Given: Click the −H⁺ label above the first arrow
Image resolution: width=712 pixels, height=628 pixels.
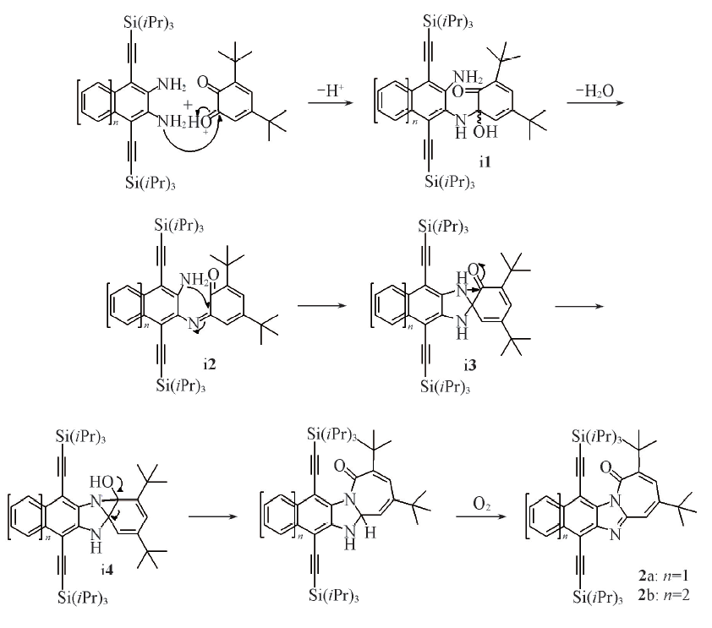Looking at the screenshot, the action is pos(330,90).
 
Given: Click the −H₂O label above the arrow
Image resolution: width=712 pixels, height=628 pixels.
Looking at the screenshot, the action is pos(594,90).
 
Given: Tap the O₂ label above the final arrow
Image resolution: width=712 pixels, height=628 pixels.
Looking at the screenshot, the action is pos(481,504).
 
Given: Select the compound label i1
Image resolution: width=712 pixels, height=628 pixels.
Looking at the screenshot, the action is pos(485,161).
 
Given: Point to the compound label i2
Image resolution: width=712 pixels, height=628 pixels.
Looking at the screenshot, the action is pos(210,364).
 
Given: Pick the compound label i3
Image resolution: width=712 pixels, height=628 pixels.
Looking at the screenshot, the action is pos(470,364).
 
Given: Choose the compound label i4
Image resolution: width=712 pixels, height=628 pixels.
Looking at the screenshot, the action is pos(107,569).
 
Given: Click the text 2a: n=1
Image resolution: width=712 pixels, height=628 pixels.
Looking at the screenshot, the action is pos(664,576).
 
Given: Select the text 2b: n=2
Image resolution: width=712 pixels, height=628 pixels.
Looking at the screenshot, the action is pos(664,594).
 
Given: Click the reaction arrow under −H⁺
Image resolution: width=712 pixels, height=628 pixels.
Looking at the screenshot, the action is pos(330,103).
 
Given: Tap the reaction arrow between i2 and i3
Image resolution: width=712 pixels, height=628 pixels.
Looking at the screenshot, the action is pos(322,305).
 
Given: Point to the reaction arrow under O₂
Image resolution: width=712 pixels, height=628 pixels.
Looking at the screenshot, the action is pos(481,516).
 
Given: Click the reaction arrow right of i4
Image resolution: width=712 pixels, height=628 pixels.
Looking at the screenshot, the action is pos(213,516).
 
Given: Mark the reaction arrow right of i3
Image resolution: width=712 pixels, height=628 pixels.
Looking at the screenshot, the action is pos(579,306).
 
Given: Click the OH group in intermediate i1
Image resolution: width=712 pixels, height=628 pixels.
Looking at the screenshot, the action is pos(485,132).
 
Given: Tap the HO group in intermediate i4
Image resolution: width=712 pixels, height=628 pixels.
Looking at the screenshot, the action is pos(101,482).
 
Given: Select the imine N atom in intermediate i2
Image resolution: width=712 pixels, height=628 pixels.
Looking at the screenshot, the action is pos(194,324).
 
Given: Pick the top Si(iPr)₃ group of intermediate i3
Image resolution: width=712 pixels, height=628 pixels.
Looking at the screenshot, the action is pos(443,227).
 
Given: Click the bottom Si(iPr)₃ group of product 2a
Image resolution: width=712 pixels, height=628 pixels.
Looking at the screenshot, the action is pos(598,597).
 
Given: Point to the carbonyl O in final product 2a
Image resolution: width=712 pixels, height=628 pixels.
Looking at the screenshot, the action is pos(606,467).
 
